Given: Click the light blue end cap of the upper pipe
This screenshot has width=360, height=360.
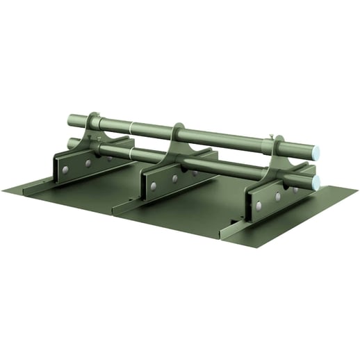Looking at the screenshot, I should point(315,152).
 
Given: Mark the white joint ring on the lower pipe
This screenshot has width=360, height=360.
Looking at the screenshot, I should point(131,149).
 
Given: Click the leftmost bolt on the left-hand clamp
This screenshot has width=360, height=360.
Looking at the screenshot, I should point(65,169).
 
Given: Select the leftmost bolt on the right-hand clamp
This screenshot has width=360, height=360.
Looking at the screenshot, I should point(258,206).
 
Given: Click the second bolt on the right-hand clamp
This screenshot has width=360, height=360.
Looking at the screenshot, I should point(277,197).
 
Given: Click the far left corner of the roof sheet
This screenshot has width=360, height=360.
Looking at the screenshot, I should point(3,188).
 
